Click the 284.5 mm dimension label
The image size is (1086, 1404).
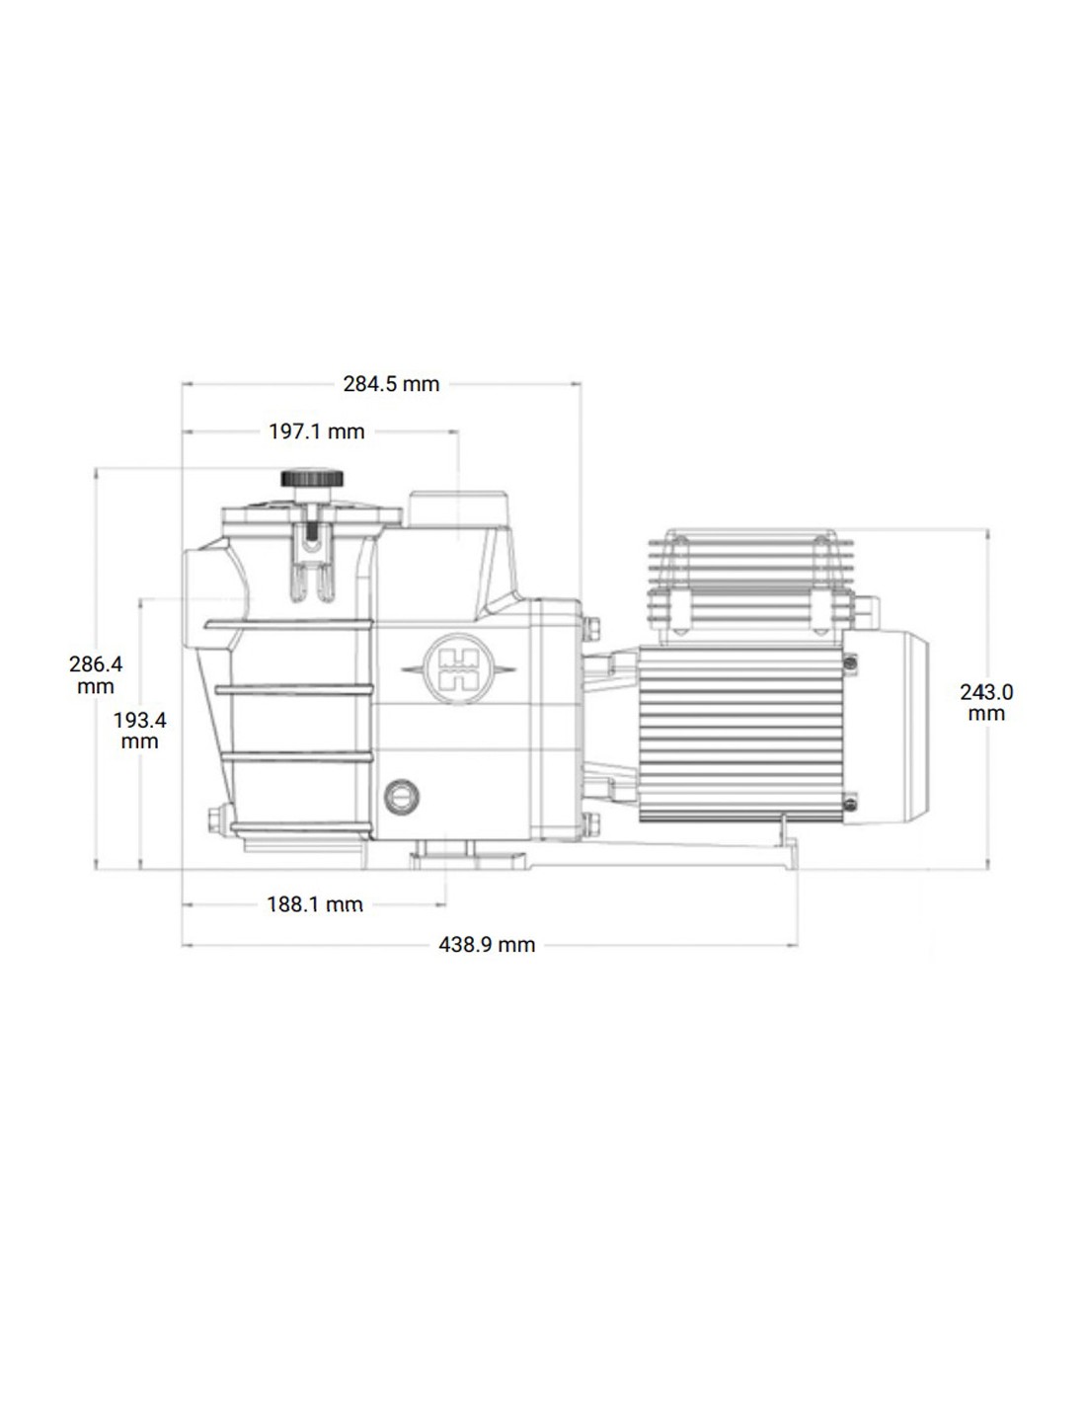(x=391, y=384)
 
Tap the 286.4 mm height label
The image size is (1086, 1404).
(x=96, y=674)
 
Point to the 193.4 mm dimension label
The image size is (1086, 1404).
(x=139, y=730)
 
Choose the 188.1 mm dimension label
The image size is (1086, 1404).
(x=315, y=903)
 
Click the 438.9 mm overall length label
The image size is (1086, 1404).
(x=487, y=945)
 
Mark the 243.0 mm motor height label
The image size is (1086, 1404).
(x=986, y=702)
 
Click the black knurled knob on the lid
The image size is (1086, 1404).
(x=311, y=479)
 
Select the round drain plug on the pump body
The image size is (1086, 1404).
(x=401, y=796)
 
